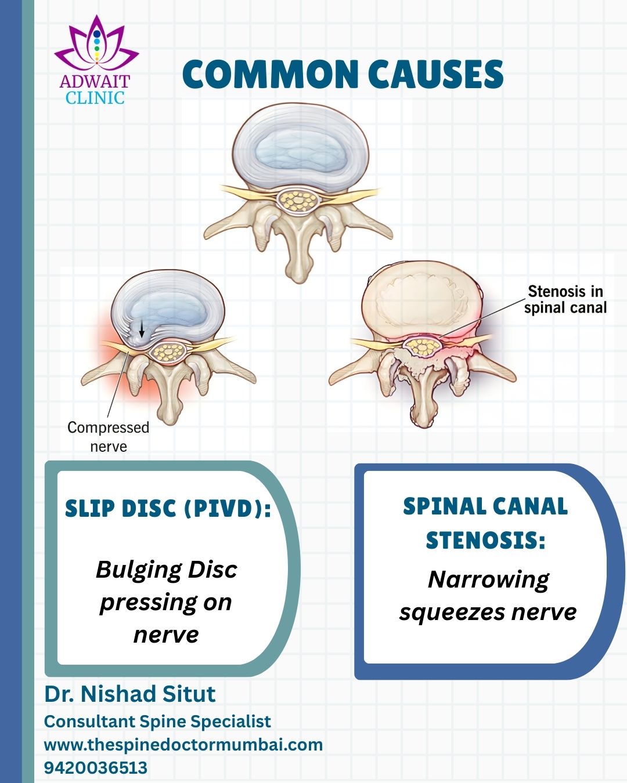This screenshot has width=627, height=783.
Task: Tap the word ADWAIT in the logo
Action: (95, 82)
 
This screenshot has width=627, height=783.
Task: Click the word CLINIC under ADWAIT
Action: (95, 98)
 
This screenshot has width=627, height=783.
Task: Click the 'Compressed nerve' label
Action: (109, 437)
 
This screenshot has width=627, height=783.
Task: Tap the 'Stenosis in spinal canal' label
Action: (565, 299)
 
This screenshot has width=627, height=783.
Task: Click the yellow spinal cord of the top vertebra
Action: (298, 201)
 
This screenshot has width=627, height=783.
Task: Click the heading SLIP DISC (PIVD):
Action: (168, 508)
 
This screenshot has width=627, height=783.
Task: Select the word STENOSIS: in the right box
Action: (486, 540)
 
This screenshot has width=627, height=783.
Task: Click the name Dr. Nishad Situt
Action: (129, 694)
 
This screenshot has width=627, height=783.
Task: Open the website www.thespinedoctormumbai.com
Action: (183, 745)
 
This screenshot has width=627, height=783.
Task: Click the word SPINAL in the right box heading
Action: (441, 506)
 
